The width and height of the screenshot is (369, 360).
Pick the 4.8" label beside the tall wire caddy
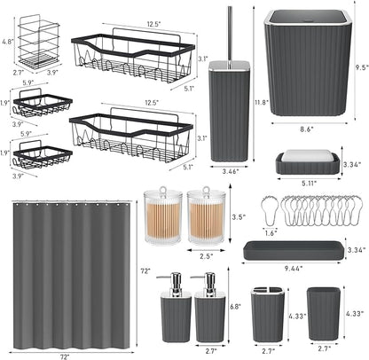[8, 41]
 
